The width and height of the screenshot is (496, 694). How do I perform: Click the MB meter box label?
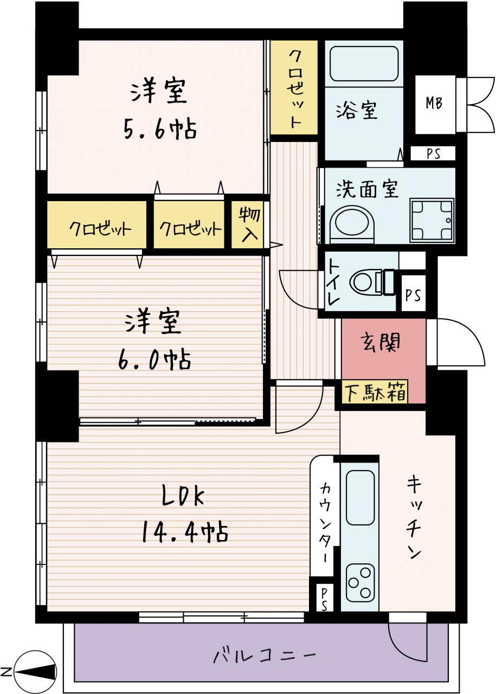(434, 103)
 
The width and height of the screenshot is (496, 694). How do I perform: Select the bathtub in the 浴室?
(364, 64)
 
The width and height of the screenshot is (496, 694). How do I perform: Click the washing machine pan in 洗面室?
(432, 220)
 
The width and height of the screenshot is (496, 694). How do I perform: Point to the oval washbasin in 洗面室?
(352, 224)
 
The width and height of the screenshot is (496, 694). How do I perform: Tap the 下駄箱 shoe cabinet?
(375, 392)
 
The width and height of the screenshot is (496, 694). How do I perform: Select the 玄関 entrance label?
(381, 342)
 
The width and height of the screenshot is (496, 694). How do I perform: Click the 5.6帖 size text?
(160, 129)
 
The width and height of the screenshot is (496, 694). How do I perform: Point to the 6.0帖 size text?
(154, 359)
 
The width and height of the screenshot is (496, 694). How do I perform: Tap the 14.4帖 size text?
(185, 532)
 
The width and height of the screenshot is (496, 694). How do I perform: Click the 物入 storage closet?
(247, 225)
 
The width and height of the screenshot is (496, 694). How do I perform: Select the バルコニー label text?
(265, 656)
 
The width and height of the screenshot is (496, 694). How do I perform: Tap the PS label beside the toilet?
(413, 295)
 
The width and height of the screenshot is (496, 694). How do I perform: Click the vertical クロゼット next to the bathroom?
(294, 88)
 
